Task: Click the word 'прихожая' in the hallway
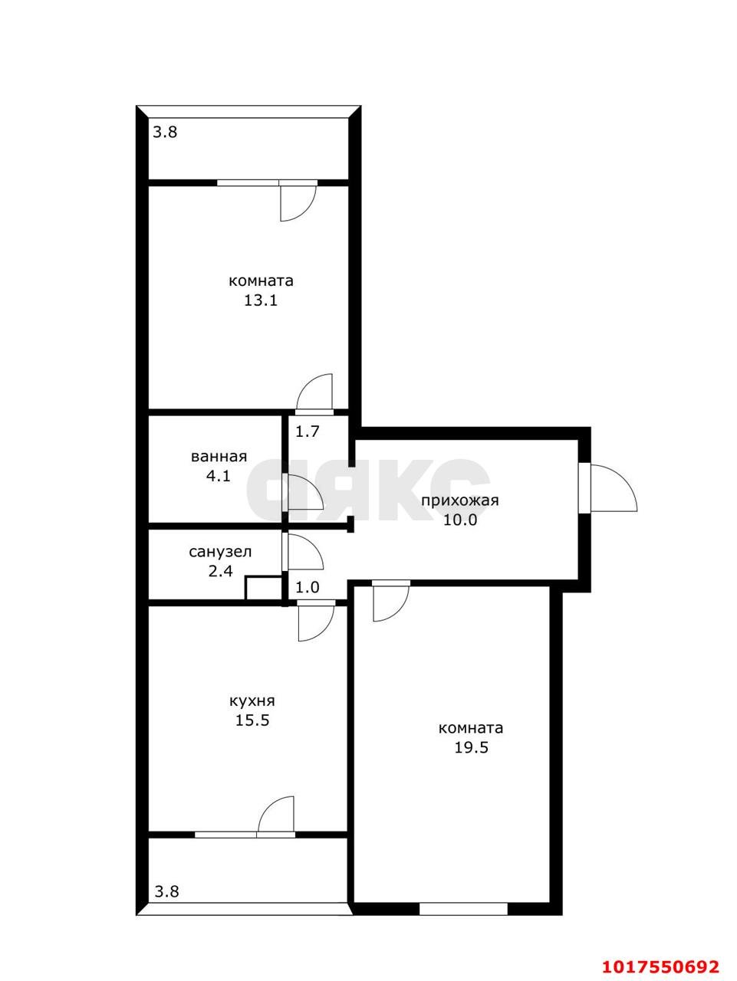pyautogui.click(x=459, y=500)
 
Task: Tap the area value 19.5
pyautogui.click(x=471, y=747)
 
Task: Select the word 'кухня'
pyautogui.click(x=252, y=701)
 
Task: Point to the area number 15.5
pyautogui.click(x=252, y=720)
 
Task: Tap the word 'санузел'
pyautogui.click(x=220, y=552)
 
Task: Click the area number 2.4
pyautogui.click(x=221, y=571)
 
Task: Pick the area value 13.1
pyautogui.click(x=261, y=300)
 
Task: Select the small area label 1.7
pyautogui.click(x=308, y=431)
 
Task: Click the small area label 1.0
pyautogui.click(x=308, y=587)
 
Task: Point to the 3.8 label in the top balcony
pyautogui.click(x=166, y=132)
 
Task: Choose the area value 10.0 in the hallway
pyautogui.click(x=460, y=520)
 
